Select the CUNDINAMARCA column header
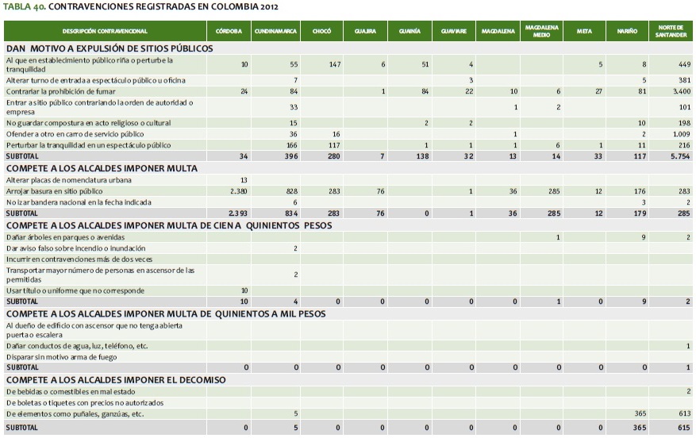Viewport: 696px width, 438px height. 275,31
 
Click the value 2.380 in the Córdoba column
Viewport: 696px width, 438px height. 238,192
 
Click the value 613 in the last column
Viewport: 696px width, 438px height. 683,414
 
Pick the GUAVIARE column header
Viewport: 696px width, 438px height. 452,31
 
